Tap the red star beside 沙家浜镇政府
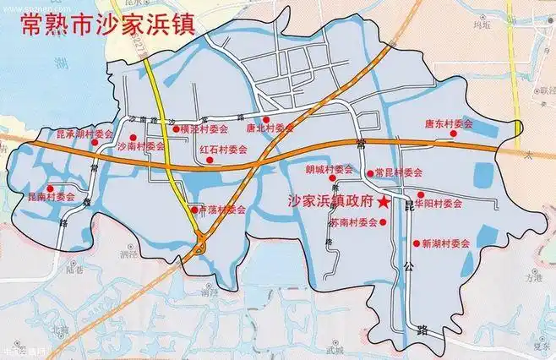(x=384, y=203)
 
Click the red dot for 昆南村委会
(x=51, y=188)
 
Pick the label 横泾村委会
(x=204, y=130)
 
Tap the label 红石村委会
(x=223, y=148)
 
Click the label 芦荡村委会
(x=222, y=210)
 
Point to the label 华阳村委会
(x=439, y=204)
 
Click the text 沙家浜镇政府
(x=330, y=203)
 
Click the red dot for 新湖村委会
(x=416, y=243)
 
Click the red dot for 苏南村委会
(x=385, y=223)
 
